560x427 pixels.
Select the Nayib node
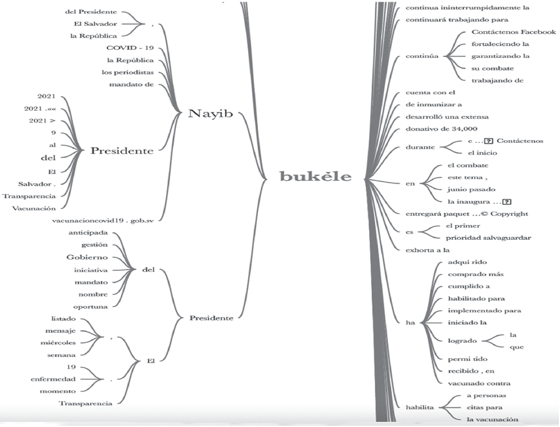coord(210,114)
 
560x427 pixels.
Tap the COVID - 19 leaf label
coord(130,48)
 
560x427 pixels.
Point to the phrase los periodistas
coord(130,72)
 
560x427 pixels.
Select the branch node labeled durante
coord(420,147)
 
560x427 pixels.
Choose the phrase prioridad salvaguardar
coord(489,238)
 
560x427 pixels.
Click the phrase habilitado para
coord(476,298)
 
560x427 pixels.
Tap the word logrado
coord(463,340)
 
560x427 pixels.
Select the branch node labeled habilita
coord(421,407)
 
